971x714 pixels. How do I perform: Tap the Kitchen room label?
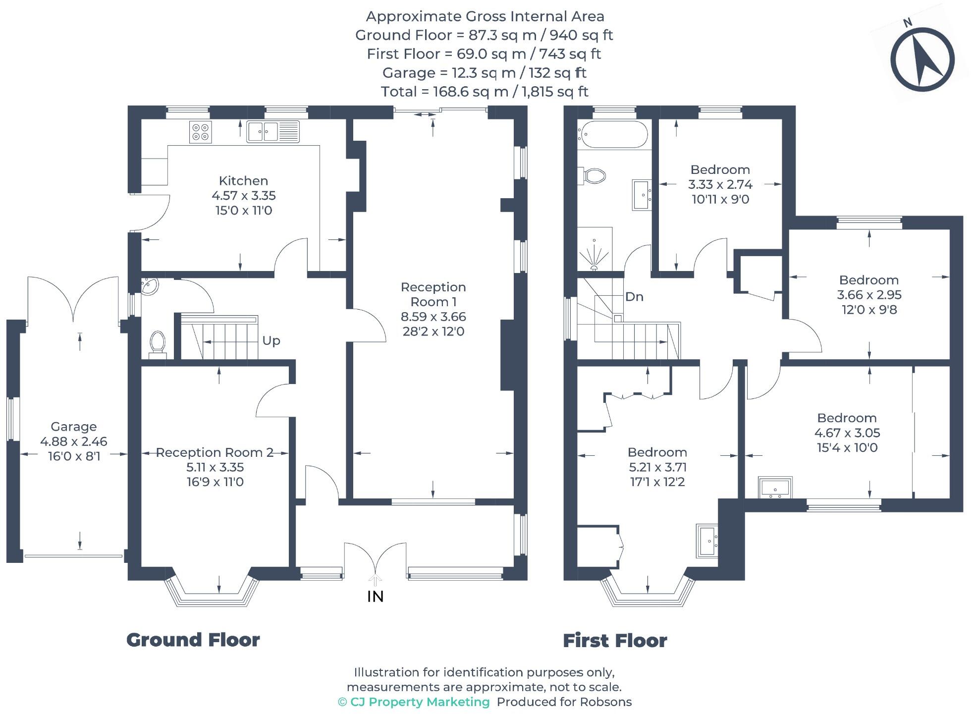click(x=243, y=181)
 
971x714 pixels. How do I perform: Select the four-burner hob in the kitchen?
click(x=200, y=132)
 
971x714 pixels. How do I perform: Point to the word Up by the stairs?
click(x=271, y=341)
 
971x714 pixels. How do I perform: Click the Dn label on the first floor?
click(x=634, y=297)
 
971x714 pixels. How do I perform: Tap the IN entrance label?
click(x=375, y=597)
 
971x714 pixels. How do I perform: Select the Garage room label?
click(x=73, y=427)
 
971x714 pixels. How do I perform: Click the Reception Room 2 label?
click(x=215, y=452)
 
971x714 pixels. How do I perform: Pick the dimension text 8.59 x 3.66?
click(x=433, y=317)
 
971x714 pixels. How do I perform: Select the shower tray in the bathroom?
click(x=594, y=249)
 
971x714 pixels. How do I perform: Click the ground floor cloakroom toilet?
click(x=158, y=343)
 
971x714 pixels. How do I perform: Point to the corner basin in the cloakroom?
click(x=149, y=286)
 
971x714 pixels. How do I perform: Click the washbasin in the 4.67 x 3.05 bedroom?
click(x=775, y=488)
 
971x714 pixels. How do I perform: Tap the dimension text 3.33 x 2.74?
click(x=720, y=185)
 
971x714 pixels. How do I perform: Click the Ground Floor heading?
click(x=193, y=640)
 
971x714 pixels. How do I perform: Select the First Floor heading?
click(x=614, y=641)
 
